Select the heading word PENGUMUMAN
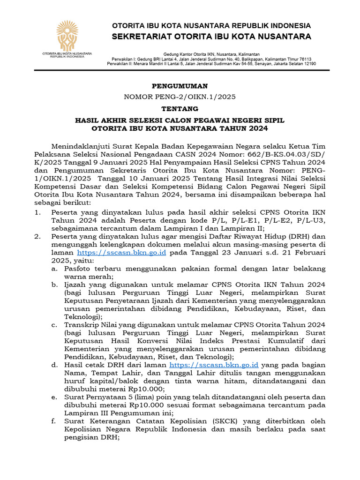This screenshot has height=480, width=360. tap(180, 86)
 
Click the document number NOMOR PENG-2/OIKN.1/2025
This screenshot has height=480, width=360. tap(180, 97)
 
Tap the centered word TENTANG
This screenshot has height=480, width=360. tap(180, 108)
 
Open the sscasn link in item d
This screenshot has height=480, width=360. tap(214, 364)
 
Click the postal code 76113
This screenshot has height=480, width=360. tap(303, 59)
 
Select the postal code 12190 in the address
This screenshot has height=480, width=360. tap(307, 63)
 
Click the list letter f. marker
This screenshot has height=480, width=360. tap(54, 421)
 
